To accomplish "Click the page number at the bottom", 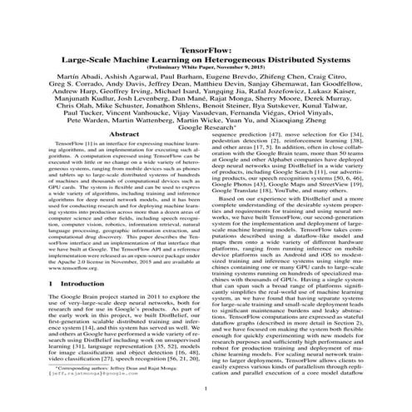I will [x=206, y=389].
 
